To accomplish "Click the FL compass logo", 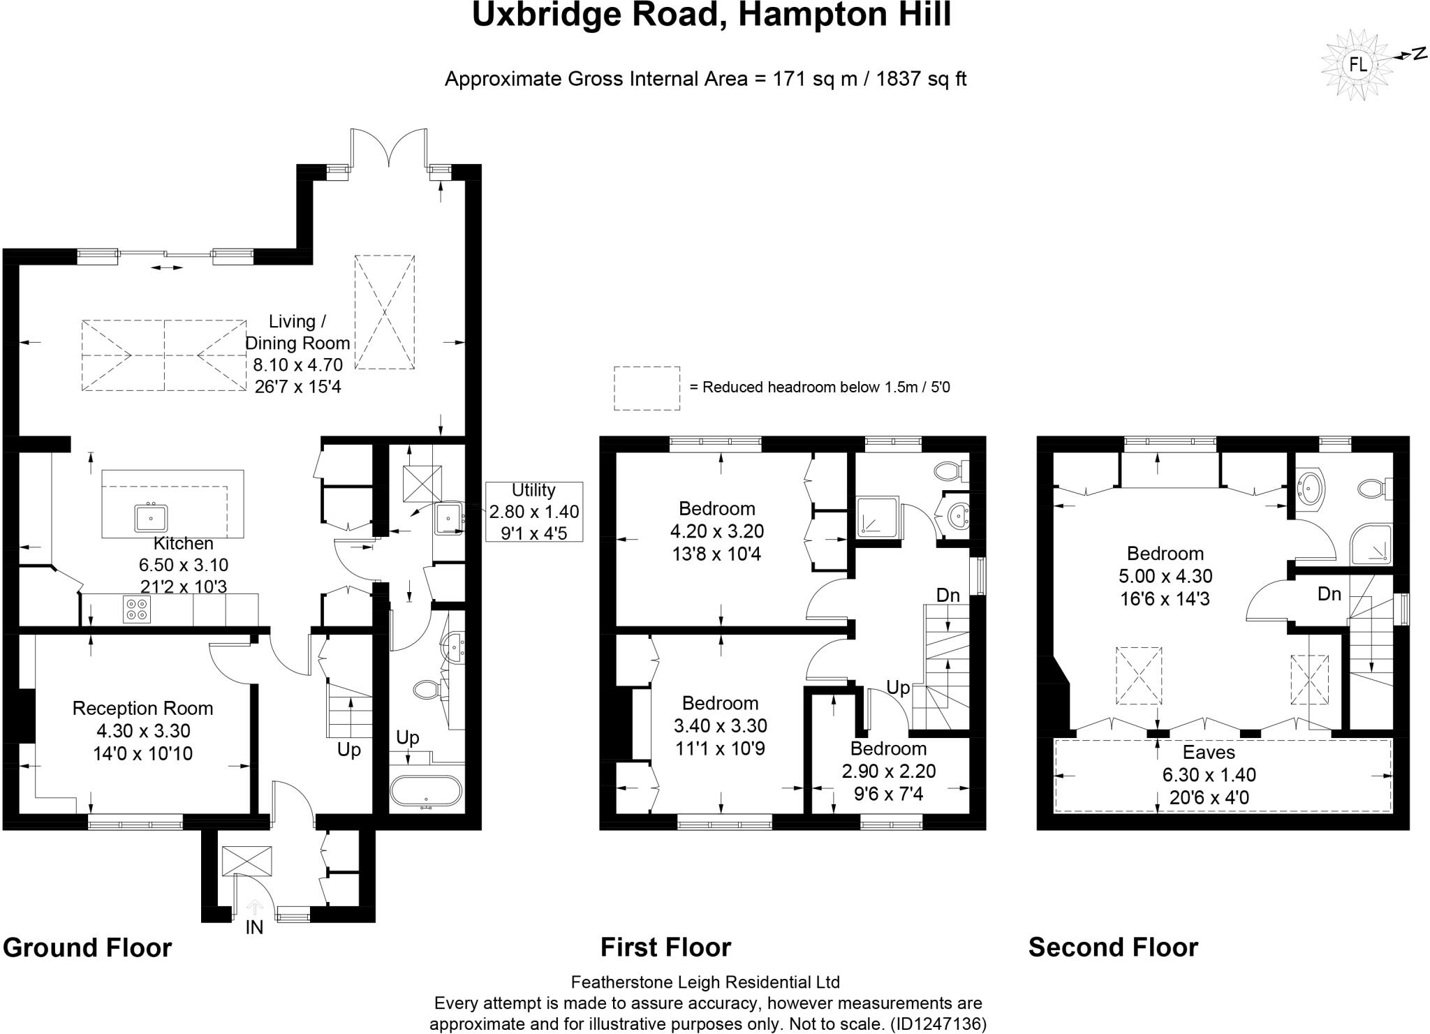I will tap(1357, 65).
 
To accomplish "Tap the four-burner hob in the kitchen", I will tap(135, 609).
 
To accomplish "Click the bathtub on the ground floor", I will tap(425, 792).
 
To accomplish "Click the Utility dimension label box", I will tap(534, 511).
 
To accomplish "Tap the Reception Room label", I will tap(142, 708).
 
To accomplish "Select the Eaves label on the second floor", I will tap(1209, 752).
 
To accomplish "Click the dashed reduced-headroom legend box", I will tap(647, 388).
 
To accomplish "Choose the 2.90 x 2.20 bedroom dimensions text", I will tap(888, 771).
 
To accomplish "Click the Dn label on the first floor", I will tap(948, 595).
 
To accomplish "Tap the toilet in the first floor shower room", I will tap(950, 471).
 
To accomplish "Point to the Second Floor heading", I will tap(1113, 947).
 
